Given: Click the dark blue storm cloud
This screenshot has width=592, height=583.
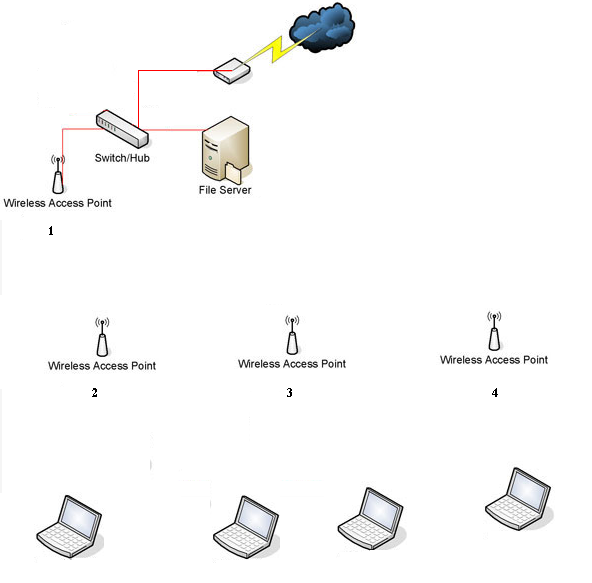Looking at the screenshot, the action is pos(322,27).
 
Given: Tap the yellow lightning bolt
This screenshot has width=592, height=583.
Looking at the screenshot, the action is pos(278,48).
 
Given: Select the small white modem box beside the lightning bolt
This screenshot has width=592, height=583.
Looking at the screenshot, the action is pos(232,71).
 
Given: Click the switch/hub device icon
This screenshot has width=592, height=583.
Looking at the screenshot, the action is pos(122,128).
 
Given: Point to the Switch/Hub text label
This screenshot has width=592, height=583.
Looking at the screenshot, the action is pos(122,158).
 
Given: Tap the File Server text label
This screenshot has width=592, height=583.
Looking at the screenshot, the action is pos(225,190).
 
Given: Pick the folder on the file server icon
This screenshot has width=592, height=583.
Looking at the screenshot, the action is pos(233,174).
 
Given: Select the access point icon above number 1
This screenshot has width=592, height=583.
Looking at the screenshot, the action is pos(58,174).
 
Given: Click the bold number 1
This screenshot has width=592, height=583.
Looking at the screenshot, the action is pos(51,231).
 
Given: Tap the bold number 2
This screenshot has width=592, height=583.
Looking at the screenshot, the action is pos(94,393).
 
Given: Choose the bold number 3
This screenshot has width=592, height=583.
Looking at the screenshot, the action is pos(289,393).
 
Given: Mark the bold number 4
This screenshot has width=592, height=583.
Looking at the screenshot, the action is pos(495,393).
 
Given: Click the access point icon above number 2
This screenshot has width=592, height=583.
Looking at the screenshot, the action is pos(102,337).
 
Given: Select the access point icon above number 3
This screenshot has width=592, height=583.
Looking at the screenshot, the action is pos(292,335).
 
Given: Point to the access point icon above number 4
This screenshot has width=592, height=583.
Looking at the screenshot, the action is pos(494,331).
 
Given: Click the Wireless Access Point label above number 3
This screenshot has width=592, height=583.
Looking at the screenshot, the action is pos(292,364).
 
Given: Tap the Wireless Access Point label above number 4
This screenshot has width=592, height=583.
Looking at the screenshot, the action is pos(494,360).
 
